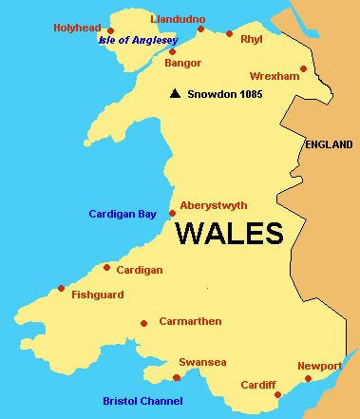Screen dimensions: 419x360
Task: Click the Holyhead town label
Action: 76,28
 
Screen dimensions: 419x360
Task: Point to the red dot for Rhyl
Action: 229,33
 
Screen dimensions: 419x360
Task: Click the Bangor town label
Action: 183,64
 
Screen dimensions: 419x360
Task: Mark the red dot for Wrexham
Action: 303,68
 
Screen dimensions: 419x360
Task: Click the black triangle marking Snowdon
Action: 175,93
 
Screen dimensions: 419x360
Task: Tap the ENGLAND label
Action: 330,144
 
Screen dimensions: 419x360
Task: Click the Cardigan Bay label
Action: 123,214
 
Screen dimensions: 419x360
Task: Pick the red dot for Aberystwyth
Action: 172,213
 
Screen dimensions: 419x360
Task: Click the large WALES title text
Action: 230,234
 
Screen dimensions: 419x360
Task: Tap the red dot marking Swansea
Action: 177,377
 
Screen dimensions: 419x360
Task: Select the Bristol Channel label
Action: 142,401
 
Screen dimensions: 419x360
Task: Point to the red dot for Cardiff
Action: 276,394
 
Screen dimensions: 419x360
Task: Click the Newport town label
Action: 319,366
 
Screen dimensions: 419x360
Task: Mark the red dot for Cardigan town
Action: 107,267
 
